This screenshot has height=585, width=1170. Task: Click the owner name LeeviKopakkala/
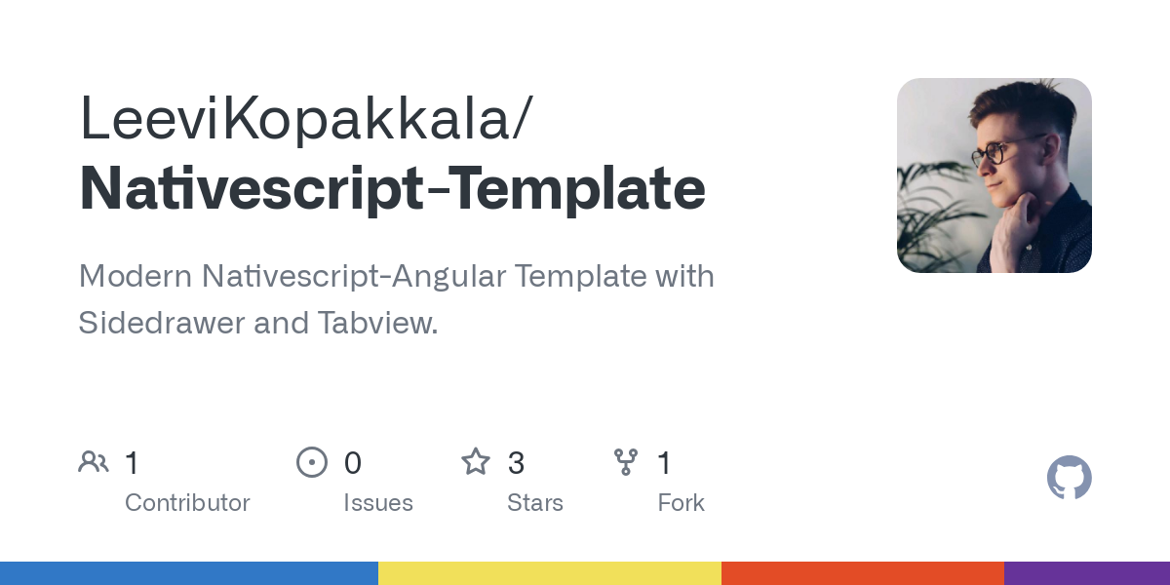pyautogui.click(x=306, y=120)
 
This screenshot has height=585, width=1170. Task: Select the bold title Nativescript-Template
pyautogui.click(x=392, y=189)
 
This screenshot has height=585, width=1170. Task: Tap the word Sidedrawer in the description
pyautogui.click(x=162, y=323)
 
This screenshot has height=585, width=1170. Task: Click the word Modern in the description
pyautogui.click(x=136, y=276)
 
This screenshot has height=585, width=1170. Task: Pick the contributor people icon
pyautogui.click(x=94, y=461)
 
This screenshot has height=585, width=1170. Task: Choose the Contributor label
pyautogui.click(x=187, y=503)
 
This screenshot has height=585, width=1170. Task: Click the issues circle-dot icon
pyautogui.click(x=312, y=461)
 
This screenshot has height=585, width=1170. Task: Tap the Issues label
pyautogui.click(x=378, y=503)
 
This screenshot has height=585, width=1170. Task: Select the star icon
pyautogui.click(x=476, y=461)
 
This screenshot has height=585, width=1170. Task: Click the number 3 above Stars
pyautogui.click(x=517, y=462)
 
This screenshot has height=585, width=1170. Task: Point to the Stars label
pyautogui.click(x=535, y=503)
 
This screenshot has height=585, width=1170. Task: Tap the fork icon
pyautogui.click(x=625, y=461)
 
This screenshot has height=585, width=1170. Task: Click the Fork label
pyautogui.click(x=681, y=503)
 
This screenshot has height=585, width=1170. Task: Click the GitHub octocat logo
pyautogui.click(x=1069, y=478)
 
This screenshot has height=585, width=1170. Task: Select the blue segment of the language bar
pyautogui.click(x=189, y=573)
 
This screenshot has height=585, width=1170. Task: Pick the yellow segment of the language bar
pyautogui.click(x=550, y=573)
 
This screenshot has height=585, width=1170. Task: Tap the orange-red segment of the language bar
pyautogui.click(x=863, y=573)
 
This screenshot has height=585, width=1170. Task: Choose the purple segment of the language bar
pyautogui.click(x=1087, y=573)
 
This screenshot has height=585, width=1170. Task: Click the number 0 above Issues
pyautogui.click(x=353, y=462)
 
